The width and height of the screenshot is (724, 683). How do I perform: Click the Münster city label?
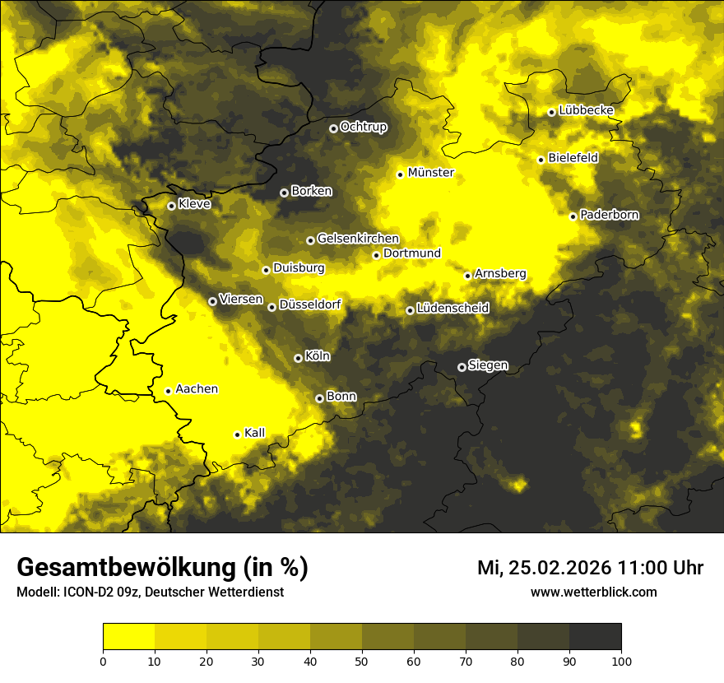click(431, 173)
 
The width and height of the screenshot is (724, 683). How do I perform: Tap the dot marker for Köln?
click(298, 358)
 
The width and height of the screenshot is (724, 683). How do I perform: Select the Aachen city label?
click(197, 388)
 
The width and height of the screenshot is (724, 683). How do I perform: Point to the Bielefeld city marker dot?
click(541, 160)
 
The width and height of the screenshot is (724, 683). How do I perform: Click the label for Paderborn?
click(610, 215)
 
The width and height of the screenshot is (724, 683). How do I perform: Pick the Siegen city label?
click(488, 365)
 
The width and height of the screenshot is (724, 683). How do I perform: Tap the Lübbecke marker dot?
click(551, 112)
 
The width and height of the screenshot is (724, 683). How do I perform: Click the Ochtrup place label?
click(363, 127)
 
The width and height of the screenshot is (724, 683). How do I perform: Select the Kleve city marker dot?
click(171, 206)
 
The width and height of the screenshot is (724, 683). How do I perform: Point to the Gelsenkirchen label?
click(358, 239)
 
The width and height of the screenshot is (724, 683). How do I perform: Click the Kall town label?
click(255, 432)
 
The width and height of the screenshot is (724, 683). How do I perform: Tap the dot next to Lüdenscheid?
click(410, 310)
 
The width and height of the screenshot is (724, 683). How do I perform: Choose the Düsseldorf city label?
click(310, 304)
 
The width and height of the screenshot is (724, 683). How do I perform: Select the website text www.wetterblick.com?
click(593, 592)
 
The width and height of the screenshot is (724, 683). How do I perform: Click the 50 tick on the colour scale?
click(362, 660)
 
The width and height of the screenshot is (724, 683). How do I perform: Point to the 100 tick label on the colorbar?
click(621, 660)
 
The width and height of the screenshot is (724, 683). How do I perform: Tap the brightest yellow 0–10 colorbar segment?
click(129, 637)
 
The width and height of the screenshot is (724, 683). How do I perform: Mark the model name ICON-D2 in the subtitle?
click(85, 592)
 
